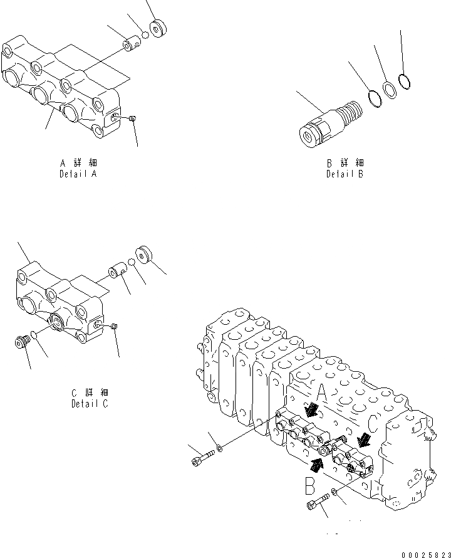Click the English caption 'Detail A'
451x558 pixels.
78,174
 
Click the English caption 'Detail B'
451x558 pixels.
345,174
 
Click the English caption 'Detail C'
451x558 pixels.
90,404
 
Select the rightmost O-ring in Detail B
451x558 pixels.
405,81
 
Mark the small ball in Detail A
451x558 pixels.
145,36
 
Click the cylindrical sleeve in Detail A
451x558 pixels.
131,45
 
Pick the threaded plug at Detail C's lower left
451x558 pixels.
22,342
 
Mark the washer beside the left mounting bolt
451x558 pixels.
218,448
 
